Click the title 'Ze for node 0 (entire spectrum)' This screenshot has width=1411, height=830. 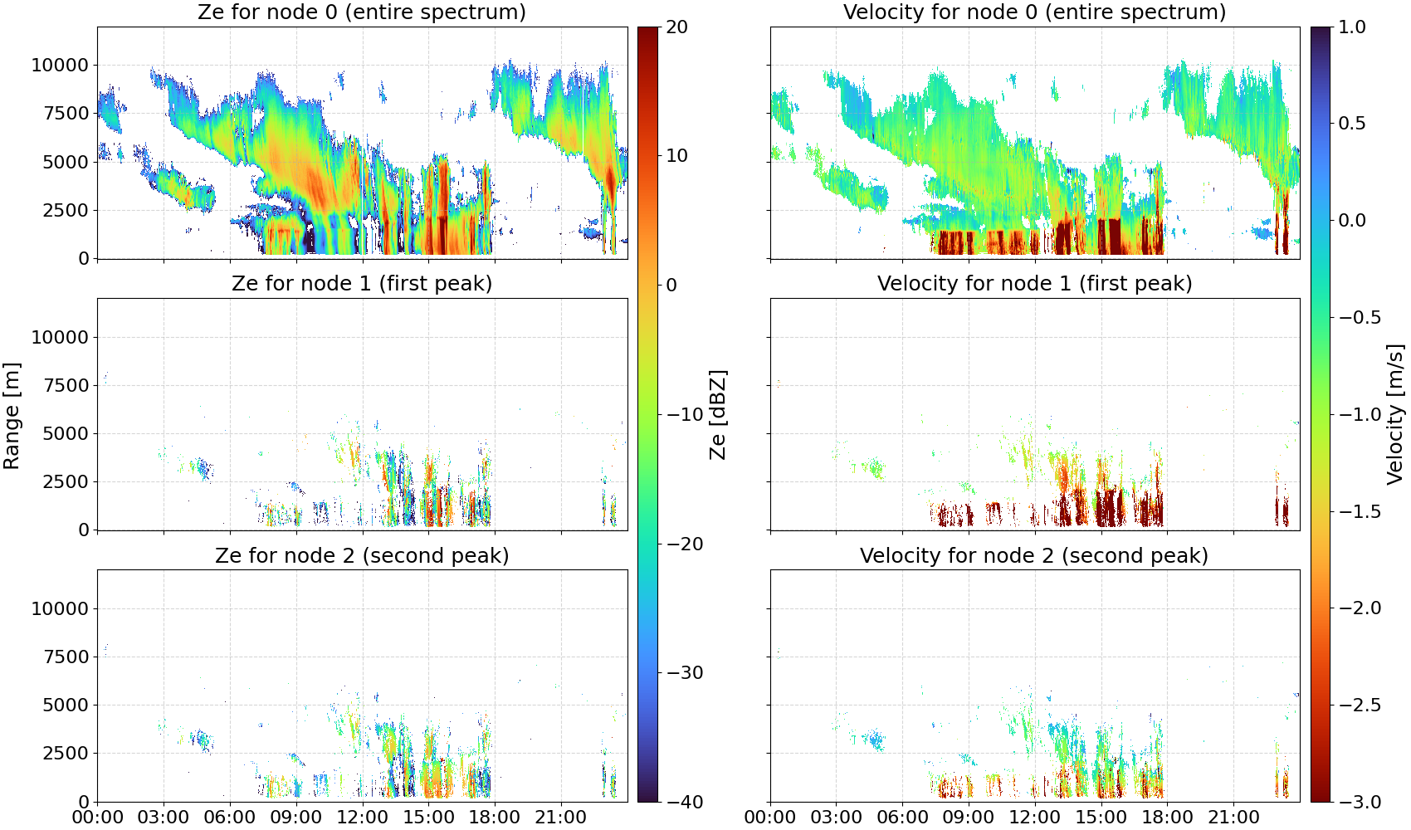pyautogui.click(x=362, y=12)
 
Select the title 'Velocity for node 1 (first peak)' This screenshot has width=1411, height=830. pyautogui.click(x=1034, y=283)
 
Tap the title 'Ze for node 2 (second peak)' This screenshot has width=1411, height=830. pyautogui.click(x=362, y=555)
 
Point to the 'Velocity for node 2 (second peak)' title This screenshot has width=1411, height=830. pyautogui.click(x=1034, y=555)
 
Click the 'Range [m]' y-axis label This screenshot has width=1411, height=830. pyautogui.click(x=12, y=416)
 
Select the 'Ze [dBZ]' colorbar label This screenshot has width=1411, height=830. pyautogui.click(x=718, y=414)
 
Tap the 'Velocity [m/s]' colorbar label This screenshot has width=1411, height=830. pyautogui.click(x=1396, y=414)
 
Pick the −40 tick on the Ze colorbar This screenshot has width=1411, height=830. pyautogui.click(x=684, y=802)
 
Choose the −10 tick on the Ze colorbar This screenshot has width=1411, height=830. pyautogui.click(x=684, y=414)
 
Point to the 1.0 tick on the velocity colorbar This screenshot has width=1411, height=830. pyautogui.click(x=1352, y=27)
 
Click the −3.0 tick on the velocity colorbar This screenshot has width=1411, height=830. pyautogui.click(x=1360, y=802)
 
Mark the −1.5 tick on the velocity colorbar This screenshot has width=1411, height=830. pyautogui.click(x=1360, y=511)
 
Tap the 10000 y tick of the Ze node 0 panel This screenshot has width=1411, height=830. pyautogui.click(x=60, y=65)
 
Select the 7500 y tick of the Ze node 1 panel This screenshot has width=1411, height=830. pyautogui.click(x=66, y=385)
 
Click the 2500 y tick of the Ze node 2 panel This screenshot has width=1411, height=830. pyautogui.click(x=66, y=753)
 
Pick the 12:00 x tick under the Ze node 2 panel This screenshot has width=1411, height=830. pyautogui.click(x=362, y=818)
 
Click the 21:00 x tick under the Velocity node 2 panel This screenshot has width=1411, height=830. pyautogui.click(x=1233, y=818)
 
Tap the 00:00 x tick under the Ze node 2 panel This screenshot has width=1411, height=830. pyautogui.click(x=98, y=818)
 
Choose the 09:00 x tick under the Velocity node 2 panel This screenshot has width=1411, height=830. pyautogui.click(x=969, y=818)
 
